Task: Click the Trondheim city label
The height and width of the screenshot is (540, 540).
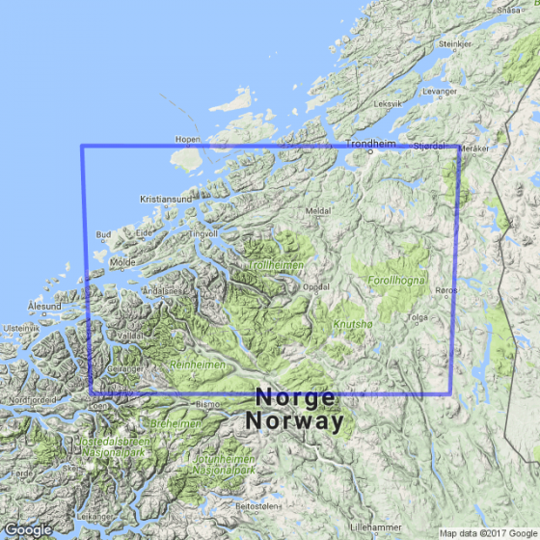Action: pos(371,144)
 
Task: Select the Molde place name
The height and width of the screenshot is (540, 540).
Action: pos(123,261)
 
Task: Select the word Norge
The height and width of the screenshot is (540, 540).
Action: pos(295,397)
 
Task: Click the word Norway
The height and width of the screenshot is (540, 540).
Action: pos(294,420)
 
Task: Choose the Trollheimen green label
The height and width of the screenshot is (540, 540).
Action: pos(278,263)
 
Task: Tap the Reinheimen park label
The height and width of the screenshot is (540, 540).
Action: pos(197,364)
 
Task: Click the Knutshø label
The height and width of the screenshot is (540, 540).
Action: pos(350,325)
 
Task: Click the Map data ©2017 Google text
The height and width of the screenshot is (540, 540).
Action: pos(487,533)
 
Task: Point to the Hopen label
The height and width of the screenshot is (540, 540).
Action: pos(187,139)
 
